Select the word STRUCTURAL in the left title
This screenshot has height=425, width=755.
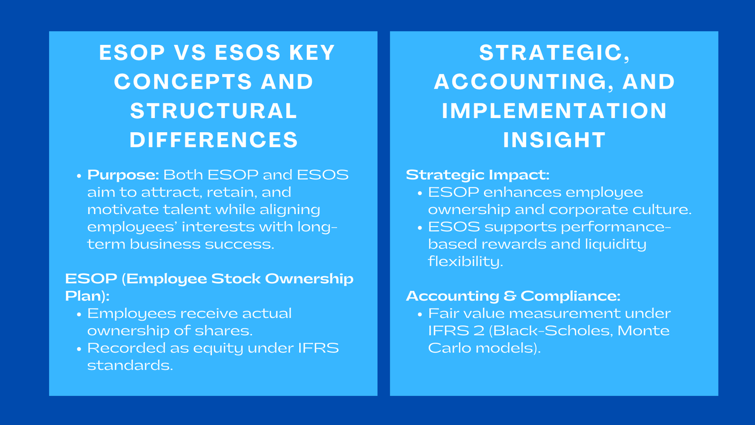click(214, 111)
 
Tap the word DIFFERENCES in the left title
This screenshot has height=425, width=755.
click(214, 140)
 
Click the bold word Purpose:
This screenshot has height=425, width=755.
click(123, 175)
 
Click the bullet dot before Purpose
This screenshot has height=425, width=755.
click(79, 176)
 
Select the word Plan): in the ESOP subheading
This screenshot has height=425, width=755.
click(87, 296)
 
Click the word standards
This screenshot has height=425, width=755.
click(130, 365)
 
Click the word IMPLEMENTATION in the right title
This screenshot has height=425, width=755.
click(554, 111)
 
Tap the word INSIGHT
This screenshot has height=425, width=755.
click(554, 140)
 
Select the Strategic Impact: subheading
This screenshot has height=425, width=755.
click(478, 175)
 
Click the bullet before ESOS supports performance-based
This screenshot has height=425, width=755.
click(419, 228)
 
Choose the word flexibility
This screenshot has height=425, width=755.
click(465, 262)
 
